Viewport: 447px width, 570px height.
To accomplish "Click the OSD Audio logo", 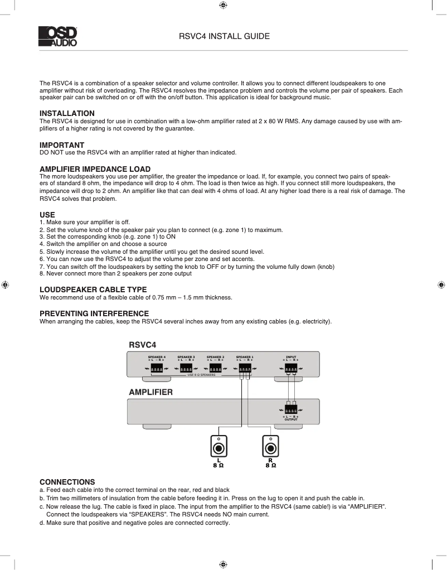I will pos(58,36).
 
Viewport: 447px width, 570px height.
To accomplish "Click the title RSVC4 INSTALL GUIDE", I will pos(224,36).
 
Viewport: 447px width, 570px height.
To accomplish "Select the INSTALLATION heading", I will pos(67,113).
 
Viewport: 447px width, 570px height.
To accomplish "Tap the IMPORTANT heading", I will pos(62,145).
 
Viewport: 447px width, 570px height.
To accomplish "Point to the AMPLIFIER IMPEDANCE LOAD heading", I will pos(95,169).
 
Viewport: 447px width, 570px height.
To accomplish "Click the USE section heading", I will pos(47,214).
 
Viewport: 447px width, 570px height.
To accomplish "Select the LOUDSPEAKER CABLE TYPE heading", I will pos(93,289).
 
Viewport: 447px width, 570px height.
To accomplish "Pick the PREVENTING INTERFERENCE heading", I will pos(94,313).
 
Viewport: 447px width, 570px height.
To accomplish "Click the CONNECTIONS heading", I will pos(67,482).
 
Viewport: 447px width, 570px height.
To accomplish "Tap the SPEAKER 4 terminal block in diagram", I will pos(157,368).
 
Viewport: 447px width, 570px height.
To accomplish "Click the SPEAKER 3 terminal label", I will pos(186,356).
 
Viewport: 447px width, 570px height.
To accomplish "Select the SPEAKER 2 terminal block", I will pos(215,368).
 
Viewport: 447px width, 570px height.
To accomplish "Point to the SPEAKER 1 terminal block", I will pos(245,368).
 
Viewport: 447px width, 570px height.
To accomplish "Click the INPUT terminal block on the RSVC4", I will pos(290,368).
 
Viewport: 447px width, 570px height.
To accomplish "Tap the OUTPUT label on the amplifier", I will pos(290,419).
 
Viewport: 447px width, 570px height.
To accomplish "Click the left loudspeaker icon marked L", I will pos(219,447).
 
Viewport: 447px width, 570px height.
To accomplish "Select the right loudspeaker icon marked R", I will pos(270,447).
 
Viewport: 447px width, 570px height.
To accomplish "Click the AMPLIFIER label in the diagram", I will pos(150,392).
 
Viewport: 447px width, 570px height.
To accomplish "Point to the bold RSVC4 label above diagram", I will pos(142,345).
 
